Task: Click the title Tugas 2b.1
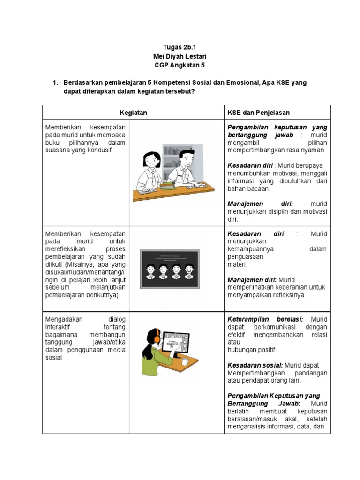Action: coord(180,47)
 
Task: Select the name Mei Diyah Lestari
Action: coord(180,56)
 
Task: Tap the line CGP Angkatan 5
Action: coord(180,65)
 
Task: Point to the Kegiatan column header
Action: coord(133,112)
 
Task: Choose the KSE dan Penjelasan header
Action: coord(259,112)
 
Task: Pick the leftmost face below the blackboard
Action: coord(151,269)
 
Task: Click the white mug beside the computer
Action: coord(185,361)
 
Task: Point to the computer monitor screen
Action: coord(174,343)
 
